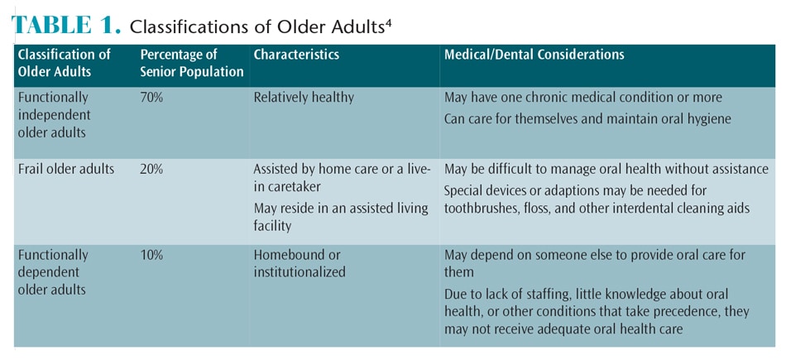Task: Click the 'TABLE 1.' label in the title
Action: tap(65, 26)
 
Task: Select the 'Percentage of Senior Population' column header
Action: tap(191, 63)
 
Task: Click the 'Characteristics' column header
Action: tap(296, 55)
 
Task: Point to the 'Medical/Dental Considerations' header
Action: tap(534, 55)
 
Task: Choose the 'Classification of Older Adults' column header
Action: tap(65, 63)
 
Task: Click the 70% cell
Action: tap(152, 98)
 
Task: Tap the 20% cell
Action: tap(152, 170)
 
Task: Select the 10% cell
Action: tap(152, 255)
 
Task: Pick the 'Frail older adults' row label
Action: tap(66, 170)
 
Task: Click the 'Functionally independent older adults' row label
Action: tap(54, 115)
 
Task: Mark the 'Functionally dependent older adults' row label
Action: tap(53, 272)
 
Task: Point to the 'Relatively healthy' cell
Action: tap(304, 98)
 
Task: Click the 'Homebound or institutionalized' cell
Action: tap(300, 264)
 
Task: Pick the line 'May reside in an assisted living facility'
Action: tap(341, 217)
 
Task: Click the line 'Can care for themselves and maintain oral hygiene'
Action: tap(588, 120)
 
